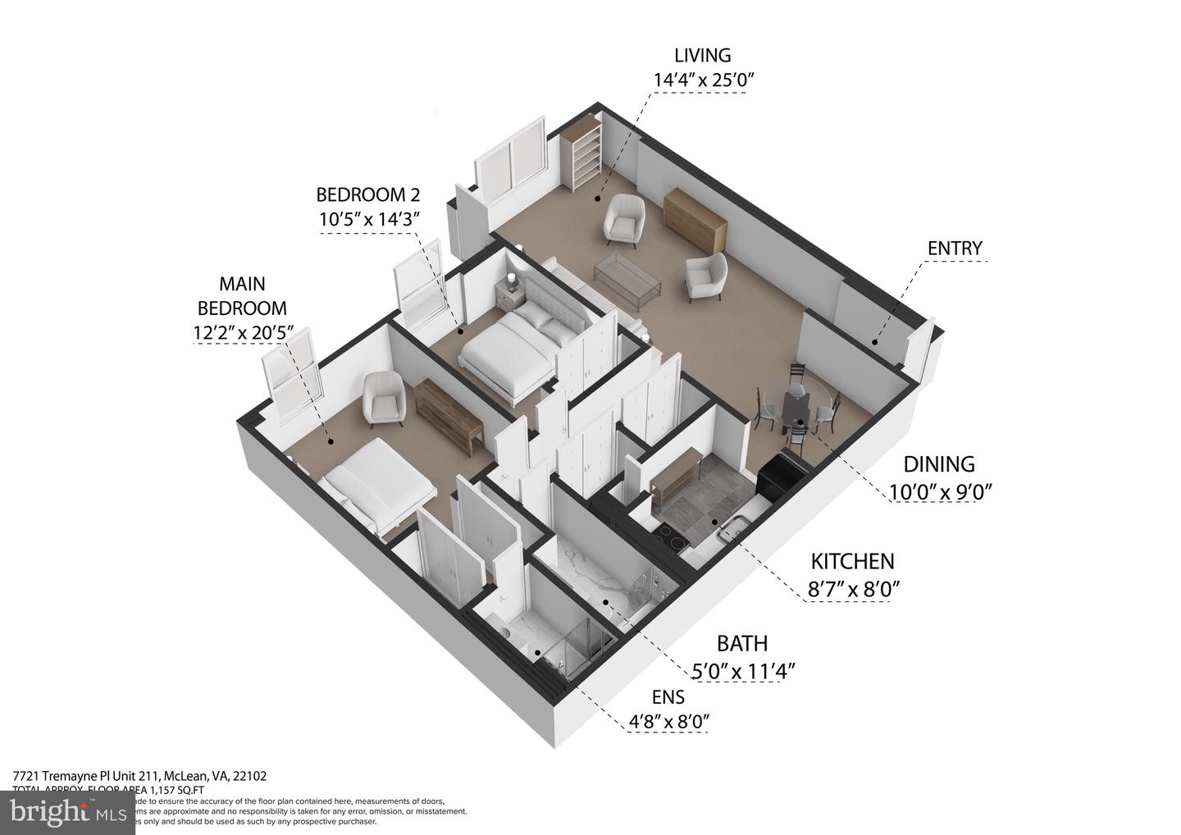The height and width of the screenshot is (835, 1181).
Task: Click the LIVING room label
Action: [702, 56]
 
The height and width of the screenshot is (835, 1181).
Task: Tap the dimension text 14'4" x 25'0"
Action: [702, 80]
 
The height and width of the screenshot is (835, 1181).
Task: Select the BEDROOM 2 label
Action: [368, 194]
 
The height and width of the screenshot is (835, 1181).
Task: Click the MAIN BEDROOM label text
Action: [242, 296]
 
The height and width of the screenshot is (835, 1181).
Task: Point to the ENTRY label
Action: [954, 248]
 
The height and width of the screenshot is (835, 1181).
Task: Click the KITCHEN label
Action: [852, 562]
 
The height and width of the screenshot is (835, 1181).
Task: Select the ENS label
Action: [668, 698]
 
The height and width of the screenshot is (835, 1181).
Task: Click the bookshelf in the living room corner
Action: [582, 156]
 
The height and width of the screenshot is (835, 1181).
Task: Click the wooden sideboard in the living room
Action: [695, 219]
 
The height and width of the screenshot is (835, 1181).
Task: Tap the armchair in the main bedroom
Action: [381, 398]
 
